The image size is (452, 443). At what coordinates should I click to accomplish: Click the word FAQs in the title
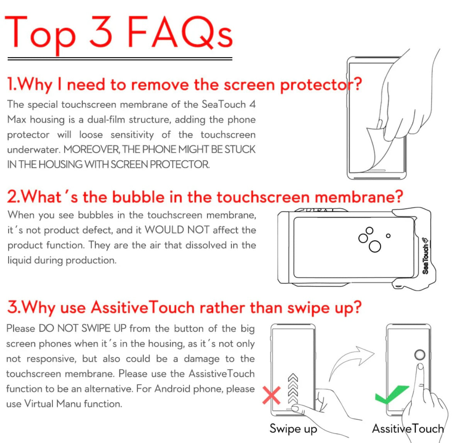click(180, 33)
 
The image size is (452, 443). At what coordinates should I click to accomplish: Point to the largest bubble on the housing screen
click(374, 246)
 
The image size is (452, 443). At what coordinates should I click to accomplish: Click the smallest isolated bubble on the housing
click(388, 235)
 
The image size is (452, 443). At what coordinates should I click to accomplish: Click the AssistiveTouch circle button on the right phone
click(420, 354)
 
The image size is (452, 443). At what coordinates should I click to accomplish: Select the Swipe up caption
click(293, 429)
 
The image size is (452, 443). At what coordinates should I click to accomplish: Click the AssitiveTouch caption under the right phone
click(408, 429)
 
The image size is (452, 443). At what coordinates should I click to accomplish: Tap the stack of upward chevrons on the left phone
click(293, 389)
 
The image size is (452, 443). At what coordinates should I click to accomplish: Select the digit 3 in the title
click(101, 33)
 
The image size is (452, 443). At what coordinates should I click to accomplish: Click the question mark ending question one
click(357, 84)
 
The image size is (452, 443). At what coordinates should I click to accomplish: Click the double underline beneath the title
click(120, 59)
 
